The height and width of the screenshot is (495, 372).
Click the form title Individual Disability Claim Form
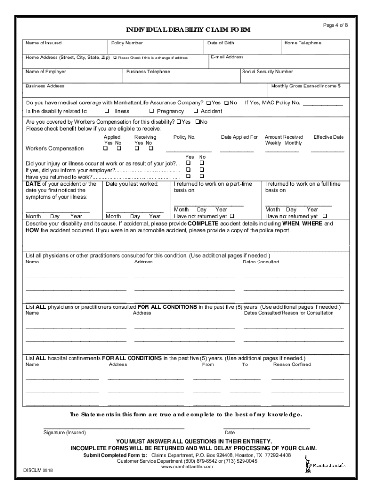pos(188,30)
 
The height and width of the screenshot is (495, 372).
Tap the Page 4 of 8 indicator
pos(335,25)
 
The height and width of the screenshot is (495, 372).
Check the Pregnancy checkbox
pos(159,111)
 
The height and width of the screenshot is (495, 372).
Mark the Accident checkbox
pos(196,111)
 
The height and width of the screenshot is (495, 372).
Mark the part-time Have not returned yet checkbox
pos(232,216)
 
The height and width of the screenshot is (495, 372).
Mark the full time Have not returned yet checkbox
pos(324,216)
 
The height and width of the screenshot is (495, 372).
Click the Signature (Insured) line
pos(114,427)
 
